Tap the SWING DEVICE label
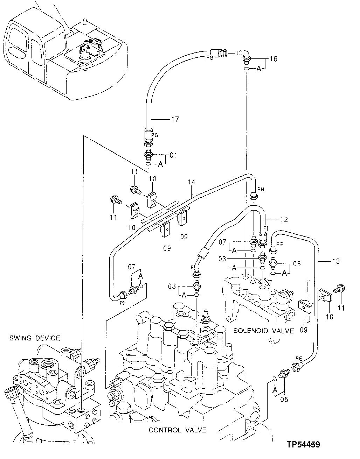click(x=35, y=338)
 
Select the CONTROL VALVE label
click(x=177, y=430)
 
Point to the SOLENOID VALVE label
click(x=263, y=331)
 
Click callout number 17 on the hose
click(x=175, y=120)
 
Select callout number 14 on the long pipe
click(x=191, y=182)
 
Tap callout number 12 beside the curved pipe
click(x=284, y=219)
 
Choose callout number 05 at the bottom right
click(x=284, y=398)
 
